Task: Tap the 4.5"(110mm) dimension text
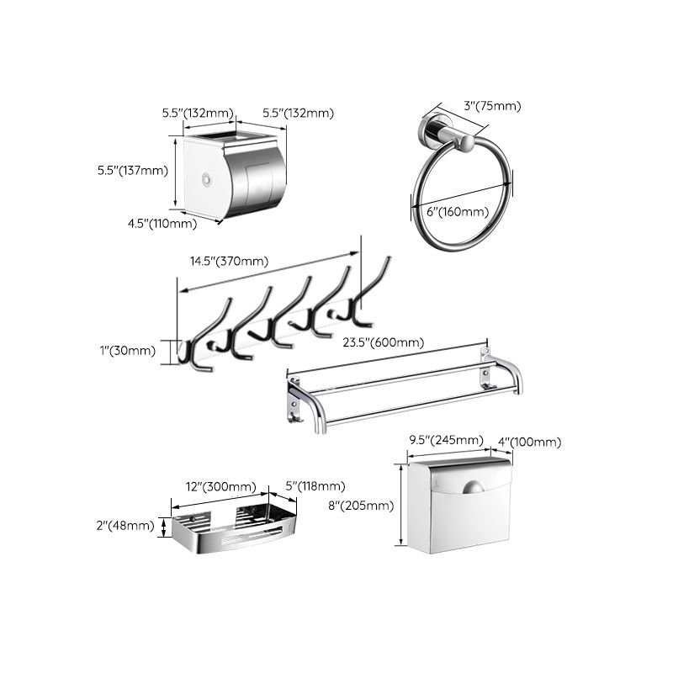coord(162,223)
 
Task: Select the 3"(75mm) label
coord(493,106)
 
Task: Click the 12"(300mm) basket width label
coord(220,486)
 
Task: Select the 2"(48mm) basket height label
coord(126,526)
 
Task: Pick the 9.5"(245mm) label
coord(446,441)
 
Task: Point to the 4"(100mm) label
coord(529,441)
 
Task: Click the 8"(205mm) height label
coord(358,505)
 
